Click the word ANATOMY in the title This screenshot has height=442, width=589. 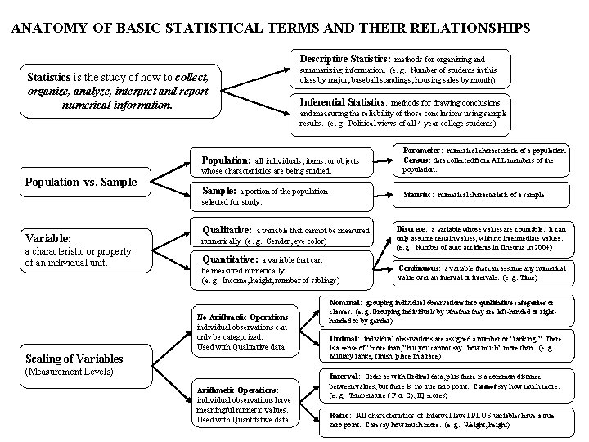[43, 28]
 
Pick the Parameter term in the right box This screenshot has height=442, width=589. [422, 151]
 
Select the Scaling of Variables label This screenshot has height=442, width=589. [74, 358]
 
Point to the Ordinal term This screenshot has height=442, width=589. [344, 337]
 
